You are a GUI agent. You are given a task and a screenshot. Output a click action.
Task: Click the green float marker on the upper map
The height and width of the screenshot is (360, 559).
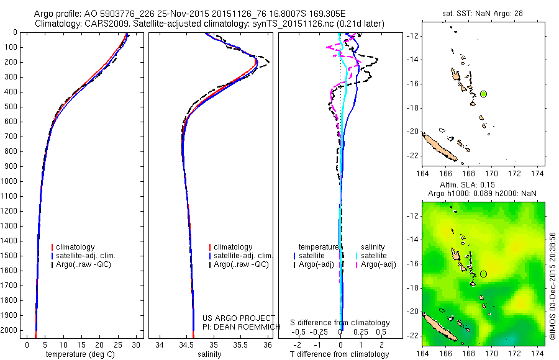click(x=483, y=94)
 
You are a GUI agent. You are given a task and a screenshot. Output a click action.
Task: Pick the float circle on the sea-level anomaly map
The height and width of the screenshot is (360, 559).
click(x=483, y=274)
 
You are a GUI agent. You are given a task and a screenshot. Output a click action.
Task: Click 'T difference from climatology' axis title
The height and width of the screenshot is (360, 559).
click(x=340, y=354)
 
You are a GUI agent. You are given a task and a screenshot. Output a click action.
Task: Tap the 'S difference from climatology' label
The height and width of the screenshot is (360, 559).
click(x=340, y=323)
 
